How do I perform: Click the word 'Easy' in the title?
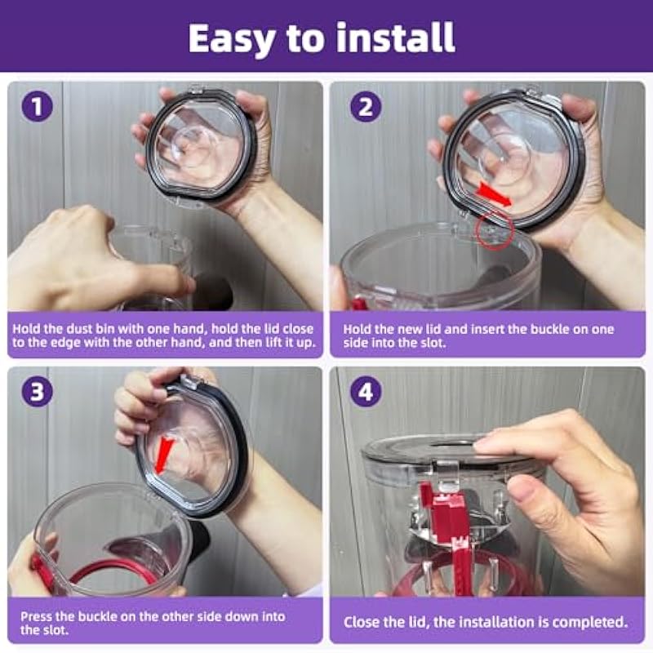point(231,39)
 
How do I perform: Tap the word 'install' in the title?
point(396,38)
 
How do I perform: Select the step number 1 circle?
point(37,106)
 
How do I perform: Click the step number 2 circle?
point(366,107)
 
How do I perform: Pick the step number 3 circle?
point(37,392)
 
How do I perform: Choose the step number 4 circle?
point(366,392)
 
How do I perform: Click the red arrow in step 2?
point(494,194)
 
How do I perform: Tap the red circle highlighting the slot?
point(494,230)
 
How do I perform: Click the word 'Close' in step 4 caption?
point(361,622)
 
